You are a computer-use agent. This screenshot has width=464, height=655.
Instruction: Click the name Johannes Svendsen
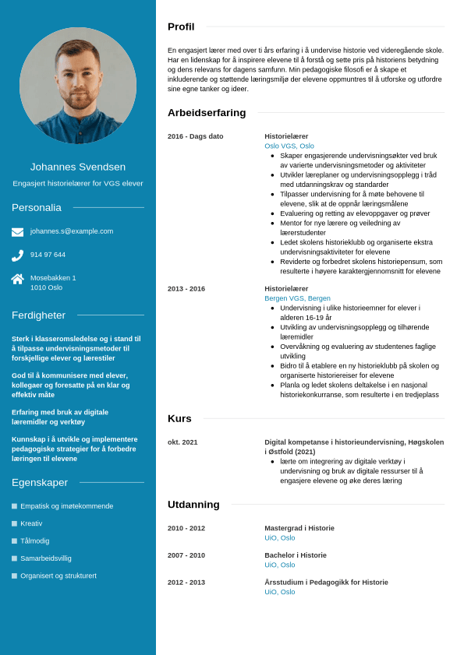pyautogui.click(x=78, y=167)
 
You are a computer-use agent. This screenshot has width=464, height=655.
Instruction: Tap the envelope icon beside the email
pyautogui.click(x=17, y=232)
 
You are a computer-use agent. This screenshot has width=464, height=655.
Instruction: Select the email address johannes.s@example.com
pyautogui.click(x=72, y=231)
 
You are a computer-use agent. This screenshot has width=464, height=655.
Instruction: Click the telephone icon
pyautogui.click(x=17, y=255)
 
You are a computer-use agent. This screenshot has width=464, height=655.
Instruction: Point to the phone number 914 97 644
pyautogui.click(x=48, y=255)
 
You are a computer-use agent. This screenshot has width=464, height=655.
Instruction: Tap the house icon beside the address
pyautogui.click(x=17, y=279)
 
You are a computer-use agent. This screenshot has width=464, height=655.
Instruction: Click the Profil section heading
pyautogui.click(x=181, y=26)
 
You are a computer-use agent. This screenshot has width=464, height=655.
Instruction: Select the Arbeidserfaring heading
pyautogui.click(x=207, y=113)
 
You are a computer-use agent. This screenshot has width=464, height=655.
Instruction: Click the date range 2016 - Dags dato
pyautogui.click(x=195, y=136)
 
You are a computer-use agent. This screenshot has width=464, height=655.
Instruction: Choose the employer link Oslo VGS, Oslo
pyautogui.click(x=289, y=146)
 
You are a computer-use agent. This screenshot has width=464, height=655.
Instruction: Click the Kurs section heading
pyautogui.click(x=179, y=418)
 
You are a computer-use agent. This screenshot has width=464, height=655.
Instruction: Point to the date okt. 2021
pyautogui.click(x=182, y=442)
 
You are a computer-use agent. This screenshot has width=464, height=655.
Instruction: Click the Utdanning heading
pyautogui.click(x=193, y=505)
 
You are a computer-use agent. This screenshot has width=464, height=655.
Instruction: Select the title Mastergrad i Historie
pyautogui.click(x=299, y=528)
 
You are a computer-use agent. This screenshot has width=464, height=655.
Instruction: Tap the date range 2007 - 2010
pyautogui.click(x=186, y=555)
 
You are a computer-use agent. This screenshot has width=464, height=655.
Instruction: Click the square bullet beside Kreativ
pyautogui.click(x=14, y=523)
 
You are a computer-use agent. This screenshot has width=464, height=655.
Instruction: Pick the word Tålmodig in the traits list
pyautogui.click(x=35, y=541)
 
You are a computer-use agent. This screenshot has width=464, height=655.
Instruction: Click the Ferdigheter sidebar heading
pyautogui.click(x=38, y=315)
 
